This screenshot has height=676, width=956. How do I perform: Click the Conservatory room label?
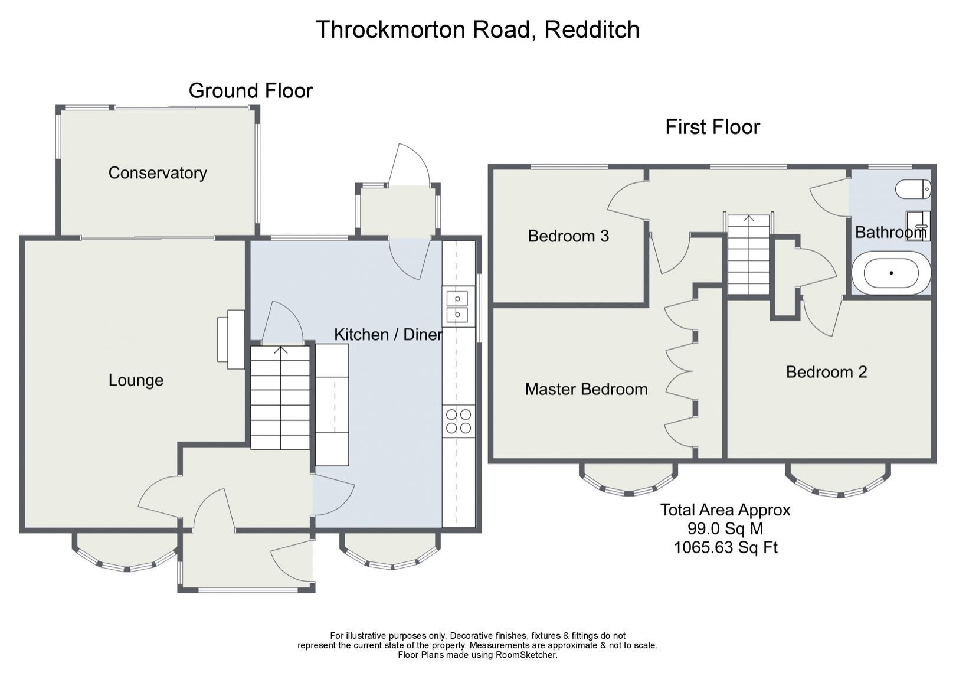pyautogui.click(x=158, y=173)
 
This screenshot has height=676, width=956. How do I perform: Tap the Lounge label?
pyautogui.click(x=136, y=380)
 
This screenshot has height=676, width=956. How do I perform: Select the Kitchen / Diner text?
pyautogui.click(x=388, y=335)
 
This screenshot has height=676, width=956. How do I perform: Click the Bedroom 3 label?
pyautogui.click(x=568, y=236)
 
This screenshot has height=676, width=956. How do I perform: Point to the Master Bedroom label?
pyautogui.click(x=586, y=389)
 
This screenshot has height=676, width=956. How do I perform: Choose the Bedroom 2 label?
pyautogui.click(x=826, y=372)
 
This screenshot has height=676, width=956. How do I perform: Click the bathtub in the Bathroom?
pyautogui.click(x=891, y=273)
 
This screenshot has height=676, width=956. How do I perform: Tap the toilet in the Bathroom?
pyautogui.click(x=912, y=190)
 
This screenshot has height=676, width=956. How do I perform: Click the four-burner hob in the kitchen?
pyautogui.click(x=459, y=421)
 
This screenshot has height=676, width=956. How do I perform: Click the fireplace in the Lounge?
pyautogui.click(x=232, y=339)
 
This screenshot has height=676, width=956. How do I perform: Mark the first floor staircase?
pyautogui.click(x=748, y=255)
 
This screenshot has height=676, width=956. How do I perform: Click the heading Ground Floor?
pyautogui.click(x=250, y=91)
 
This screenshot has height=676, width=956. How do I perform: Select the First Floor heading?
pyautogui.click(x=712, y=127)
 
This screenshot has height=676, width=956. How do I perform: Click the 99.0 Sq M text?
pyautogui.click(x=725, y=528)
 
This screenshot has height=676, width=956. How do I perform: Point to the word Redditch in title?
pyautogui.click(x=592, y=30)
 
